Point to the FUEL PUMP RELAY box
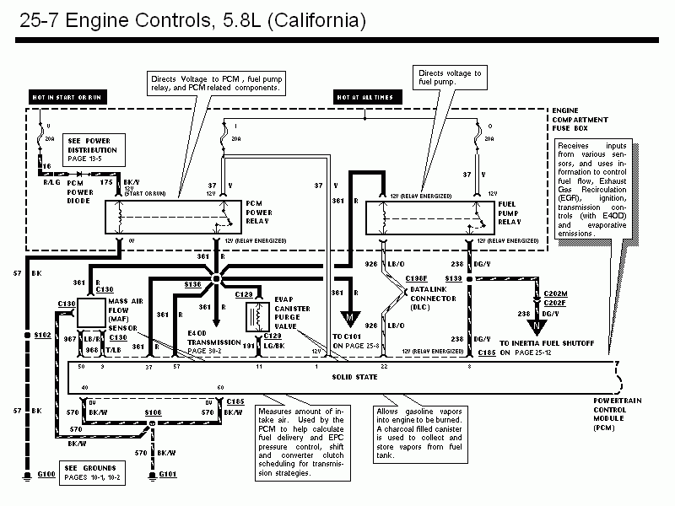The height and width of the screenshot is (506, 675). tap(429, 217)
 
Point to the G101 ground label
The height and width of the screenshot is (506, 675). tap(169, 476)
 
